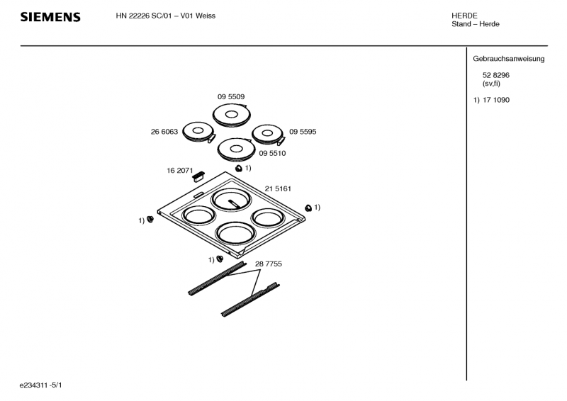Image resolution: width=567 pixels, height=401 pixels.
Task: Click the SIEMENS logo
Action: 50,17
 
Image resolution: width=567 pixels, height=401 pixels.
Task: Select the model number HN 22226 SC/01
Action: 145,16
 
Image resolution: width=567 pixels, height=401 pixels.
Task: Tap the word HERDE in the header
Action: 465,16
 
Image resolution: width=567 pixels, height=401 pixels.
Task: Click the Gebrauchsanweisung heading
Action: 508,59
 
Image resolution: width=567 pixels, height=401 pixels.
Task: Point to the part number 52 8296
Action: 495,75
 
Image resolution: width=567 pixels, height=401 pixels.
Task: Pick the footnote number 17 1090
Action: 495,100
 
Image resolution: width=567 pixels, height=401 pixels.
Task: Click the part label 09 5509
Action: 231,96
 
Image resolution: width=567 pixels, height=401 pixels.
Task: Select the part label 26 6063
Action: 164,131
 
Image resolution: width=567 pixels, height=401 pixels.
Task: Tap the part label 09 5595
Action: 303,131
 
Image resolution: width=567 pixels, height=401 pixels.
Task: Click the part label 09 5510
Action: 273,153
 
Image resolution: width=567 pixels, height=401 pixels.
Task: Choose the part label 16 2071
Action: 180,171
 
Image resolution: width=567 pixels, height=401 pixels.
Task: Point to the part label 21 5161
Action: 279,188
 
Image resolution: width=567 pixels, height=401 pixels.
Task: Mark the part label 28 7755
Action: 269,264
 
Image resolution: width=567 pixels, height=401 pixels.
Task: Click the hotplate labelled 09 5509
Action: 231,114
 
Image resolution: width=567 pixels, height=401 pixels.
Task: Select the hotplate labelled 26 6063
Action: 198,132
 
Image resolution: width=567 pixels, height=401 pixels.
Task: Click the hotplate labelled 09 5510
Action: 235,149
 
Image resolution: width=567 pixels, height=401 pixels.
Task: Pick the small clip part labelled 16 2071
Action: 198,175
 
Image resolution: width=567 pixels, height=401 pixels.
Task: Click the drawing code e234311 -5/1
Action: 45,385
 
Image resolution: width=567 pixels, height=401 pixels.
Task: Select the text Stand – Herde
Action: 476,25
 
